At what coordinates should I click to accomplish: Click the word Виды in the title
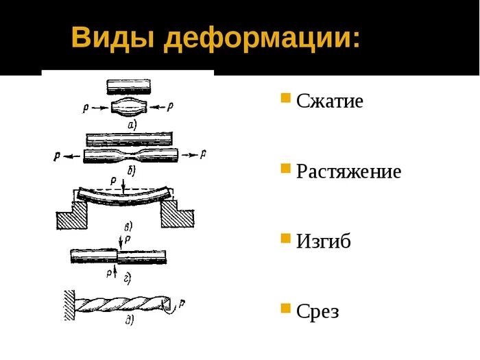(x=112, y=38)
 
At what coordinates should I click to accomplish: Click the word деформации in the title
(x=261, y=38)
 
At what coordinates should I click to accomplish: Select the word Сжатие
(x=330, y=101)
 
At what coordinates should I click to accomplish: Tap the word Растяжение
(x=348, y=171)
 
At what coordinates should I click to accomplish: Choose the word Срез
(x=317, y=311)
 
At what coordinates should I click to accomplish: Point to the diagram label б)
(x=131, y=168)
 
